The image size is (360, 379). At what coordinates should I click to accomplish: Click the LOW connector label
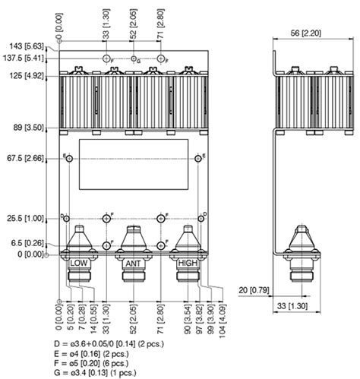(79, 262)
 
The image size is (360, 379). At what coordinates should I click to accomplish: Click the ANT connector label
(133, 262)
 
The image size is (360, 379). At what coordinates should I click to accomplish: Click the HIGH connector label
(187, 262)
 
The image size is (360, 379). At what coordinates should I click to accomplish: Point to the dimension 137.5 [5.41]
(23, 58)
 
